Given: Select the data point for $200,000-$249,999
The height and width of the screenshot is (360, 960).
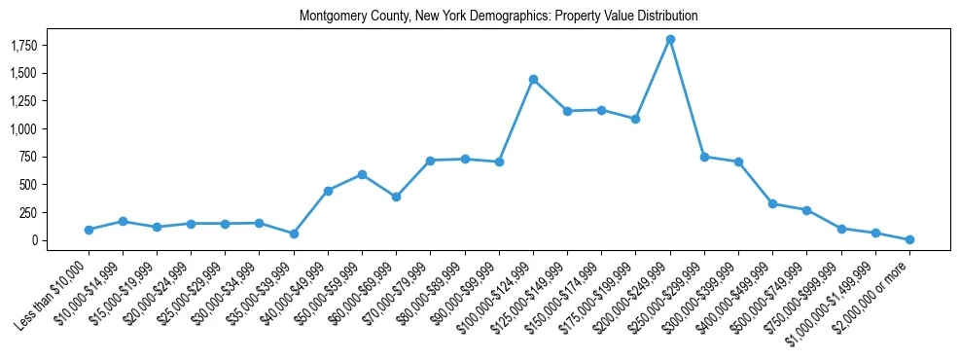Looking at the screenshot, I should (670, 39).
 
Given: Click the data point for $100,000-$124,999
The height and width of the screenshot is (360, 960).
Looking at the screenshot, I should (533, 79).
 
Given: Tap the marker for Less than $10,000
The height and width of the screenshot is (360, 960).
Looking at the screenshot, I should (89, 230).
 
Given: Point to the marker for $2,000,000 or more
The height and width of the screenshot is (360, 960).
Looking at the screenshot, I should (909, 239).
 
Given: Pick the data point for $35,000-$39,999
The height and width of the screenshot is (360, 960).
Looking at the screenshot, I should (294, 234).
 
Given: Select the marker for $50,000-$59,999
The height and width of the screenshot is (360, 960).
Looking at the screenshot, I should (362, 174).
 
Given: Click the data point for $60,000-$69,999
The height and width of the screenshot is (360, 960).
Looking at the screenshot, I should (396, 197).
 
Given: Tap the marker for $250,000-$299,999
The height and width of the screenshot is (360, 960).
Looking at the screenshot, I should (704, 157).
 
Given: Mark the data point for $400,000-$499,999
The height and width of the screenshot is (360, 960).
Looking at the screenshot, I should (772, 203).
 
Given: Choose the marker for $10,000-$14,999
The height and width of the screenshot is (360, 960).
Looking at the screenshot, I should (123, 221).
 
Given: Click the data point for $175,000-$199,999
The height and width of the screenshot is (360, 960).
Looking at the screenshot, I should (635, 119).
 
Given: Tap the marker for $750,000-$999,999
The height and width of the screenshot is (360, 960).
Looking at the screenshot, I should (841, 229).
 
